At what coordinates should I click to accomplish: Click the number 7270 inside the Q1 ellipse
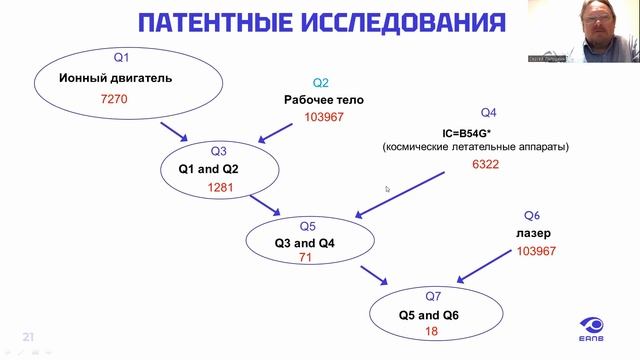coord(116,101)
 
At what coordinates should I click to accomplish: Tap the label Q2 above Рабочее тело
coord(321,83)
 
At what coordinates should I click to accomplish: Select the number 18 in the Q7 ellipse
coord(432,331)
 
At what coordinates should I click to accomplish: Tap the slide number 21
coord(29,336)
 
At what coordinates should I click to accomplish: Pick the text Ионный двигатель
coord(116,78)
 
